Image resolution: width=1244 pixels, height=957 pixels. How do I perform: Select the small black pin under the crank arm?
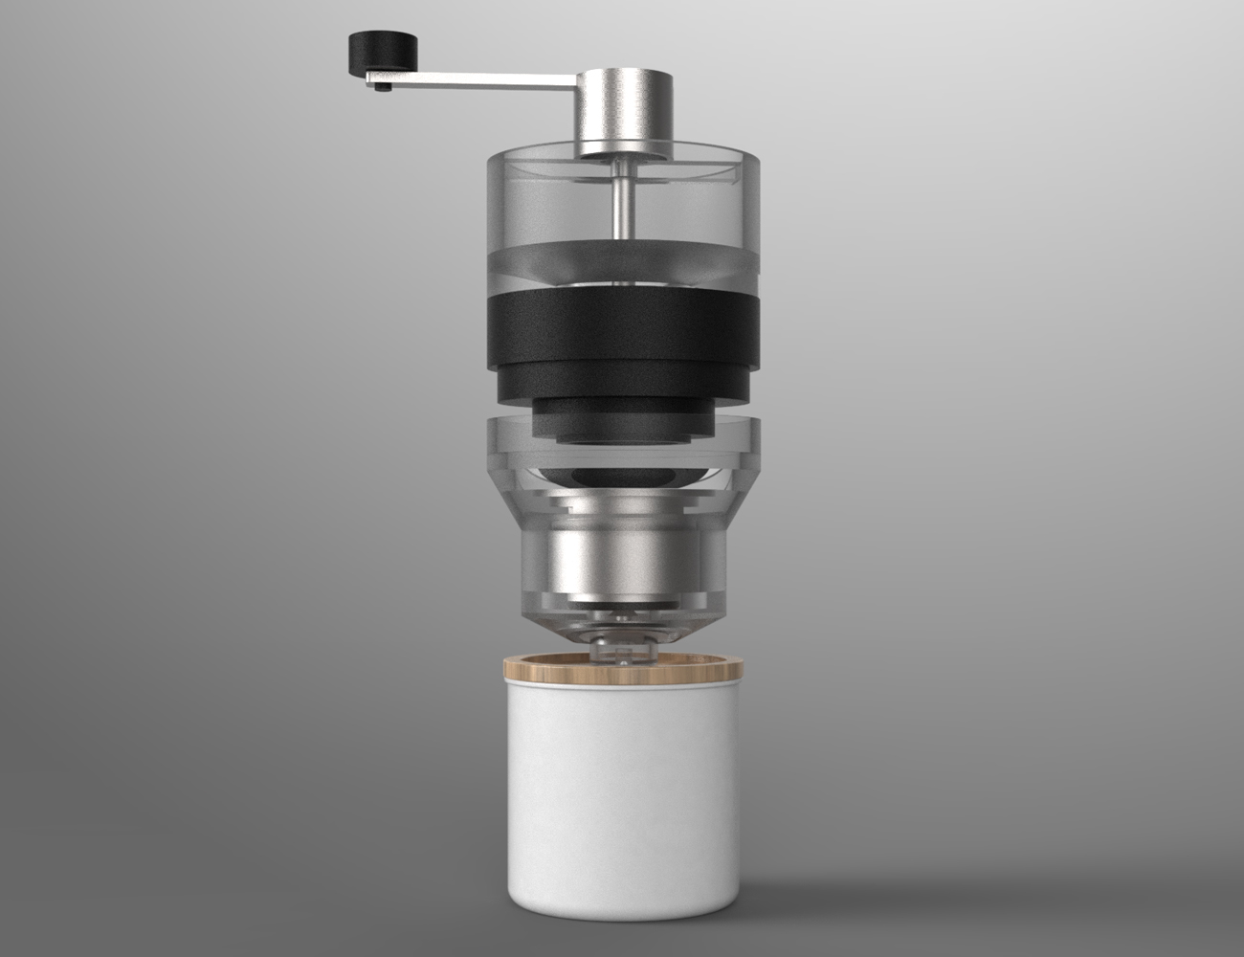tap(383, 89)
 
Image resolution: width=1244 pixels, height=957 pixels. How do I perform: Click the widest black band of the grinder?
tap(623, 330)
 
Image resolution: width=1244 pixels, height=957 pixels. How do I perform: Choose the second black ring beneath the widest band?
tap(623, 383)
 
